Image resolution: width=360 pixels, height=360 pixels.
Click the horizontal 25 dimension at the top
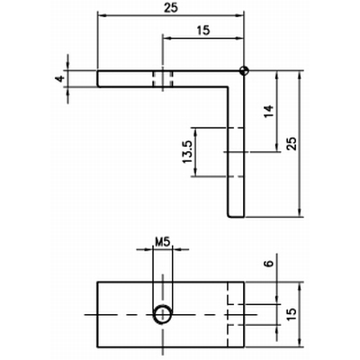click(x=171, y=7)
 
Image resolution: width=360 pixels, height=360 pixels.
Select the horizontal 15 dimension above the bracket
click(x=203, y=31)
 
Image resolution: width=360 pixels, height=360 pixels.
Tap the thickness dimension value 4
click(x=60, y=78)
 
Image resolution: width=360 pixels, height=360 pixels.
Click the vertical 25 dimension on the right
click(x=292, y=143)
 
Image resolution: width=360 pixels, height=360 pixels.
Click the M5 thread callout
click(x=163, y=241)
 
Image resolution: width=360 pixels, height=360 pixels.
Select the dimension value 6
click(x=269, y=264)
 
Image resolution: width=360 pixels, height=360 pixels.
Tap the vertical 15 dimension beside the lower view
click(x=292, y=314)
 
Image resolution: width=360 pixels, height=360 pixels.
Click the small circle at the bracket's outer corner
click(x=245, y=71)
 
